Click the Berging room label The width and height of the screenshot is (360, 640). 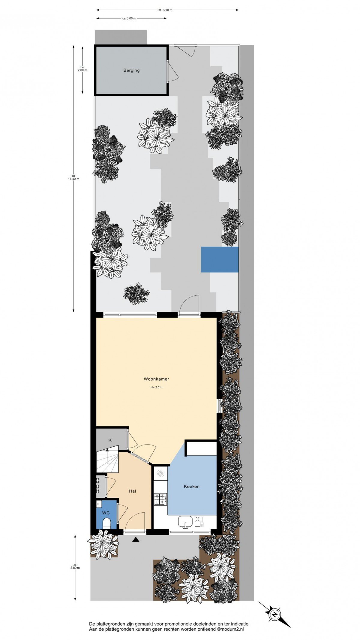131,71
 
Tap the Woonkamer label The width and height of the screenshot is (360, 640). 156,379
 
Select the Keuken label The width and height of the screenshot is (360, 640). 192,486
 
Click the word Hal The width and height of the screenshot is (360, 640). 132,491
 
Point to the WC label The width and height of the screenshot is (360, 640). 106,513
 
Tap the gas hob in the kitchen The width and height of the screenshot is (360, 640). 160,499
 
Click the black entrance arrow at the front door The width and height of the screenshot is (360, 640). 136,540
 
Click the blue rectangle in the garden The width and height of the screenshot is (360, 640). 220,259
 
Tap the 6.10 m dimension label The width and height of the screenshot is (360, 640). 167,10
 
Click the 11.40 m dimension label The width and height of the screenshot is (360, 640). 73,177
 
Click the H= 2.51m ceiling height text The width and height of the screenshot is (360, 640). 157,387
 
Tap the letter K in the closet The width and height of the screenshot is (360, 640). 110,440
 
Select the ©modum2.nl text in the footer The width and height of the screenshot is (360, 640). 230,629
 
